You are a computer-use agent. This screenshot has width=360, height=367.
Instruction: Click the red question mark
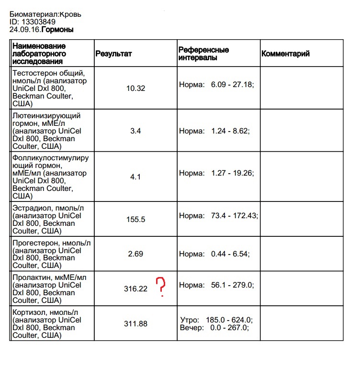pyautogui.click(x=162, y=287)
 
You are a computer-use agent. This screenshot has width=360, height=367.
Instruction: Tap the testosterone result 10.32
pyautogui.click(x=135, y=89)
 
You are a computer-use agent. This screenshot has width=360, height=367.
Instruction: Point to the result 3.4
pyautogui.click(x=135, y=131)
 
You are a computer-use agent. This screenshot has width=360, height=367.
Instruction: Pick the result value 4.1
pyautogui.click(x=135, y=177)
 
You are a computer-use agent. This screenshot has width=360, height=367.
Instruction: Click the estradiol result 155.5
pyautogui.click(x=135, y=220)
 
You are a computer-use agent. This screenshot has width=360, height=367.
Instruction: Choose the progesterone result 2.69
pyautogui.click(x=135, y=254)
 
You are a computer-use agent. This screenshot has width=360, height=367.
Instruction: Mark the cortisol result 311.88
pyautogui.click(x=135, y=324)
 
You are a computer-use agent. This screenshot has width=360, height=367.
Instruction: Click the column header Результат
pyautogui.click(x=113, y=54)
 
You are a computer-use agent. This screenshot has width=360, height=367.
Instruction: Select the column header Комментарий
pyautogui.click(x=285, y=54)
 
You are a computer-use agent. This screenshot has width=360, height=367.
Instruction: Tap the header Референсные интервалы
pyautogui.click(x=203, y=54)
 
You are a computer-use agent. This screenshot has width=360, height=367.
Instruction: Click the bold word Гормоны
pyautogui.click(x=57, y=30)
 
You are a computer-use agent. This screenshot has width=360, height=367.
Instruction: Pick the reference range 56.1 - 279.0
pyautogui.click(x=232, y=285)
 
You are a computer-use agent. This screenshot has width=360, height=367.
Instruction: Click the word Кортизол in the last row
pyautogui.click(x=28, y=312)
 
